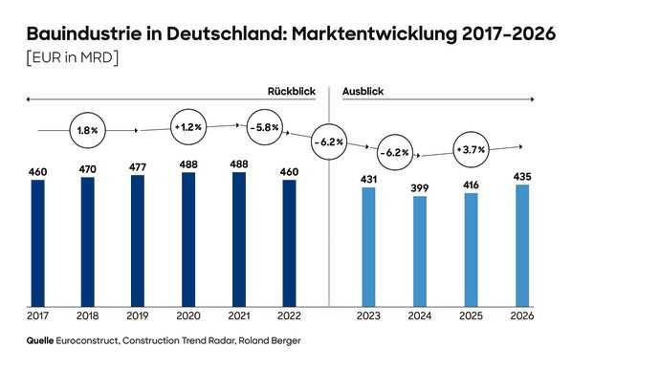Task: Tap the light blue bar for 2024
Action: coord(420,250)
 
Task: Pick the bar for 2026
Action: coord(520,245)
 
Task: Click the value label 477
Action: coord(138,166)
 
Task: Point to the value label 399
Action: coord(420,187)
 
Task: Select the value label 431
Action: coord(369,179)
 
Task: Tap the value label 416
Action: coord(470,185)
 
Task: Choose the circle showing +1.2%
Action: coord(189,127)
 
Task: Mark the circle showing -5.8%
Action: coord(263,127)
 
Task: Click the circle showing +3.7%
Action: coord(471,150)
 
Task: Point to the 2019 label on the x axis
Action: coord(138,315)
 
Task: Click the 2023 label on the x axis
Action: coord(369,315)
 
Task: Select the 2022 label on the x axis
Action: coord(289,315)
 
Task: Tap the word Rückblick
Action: coord(291,91)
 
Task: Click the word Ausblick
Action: coord(363,91)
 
